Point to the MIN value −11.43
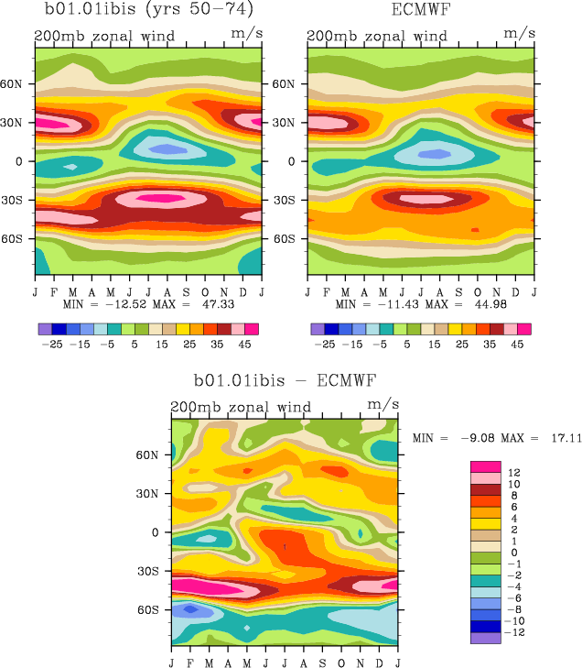click(x=383, y=303)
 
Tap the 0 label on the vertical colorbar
click(x=513, y=552)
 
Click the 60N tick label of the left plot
click(x=20, y=83)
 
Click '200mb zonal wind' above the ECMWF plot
click(x=376, y=37)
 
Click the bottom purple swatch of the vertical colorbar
click(x=485, y=639)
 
